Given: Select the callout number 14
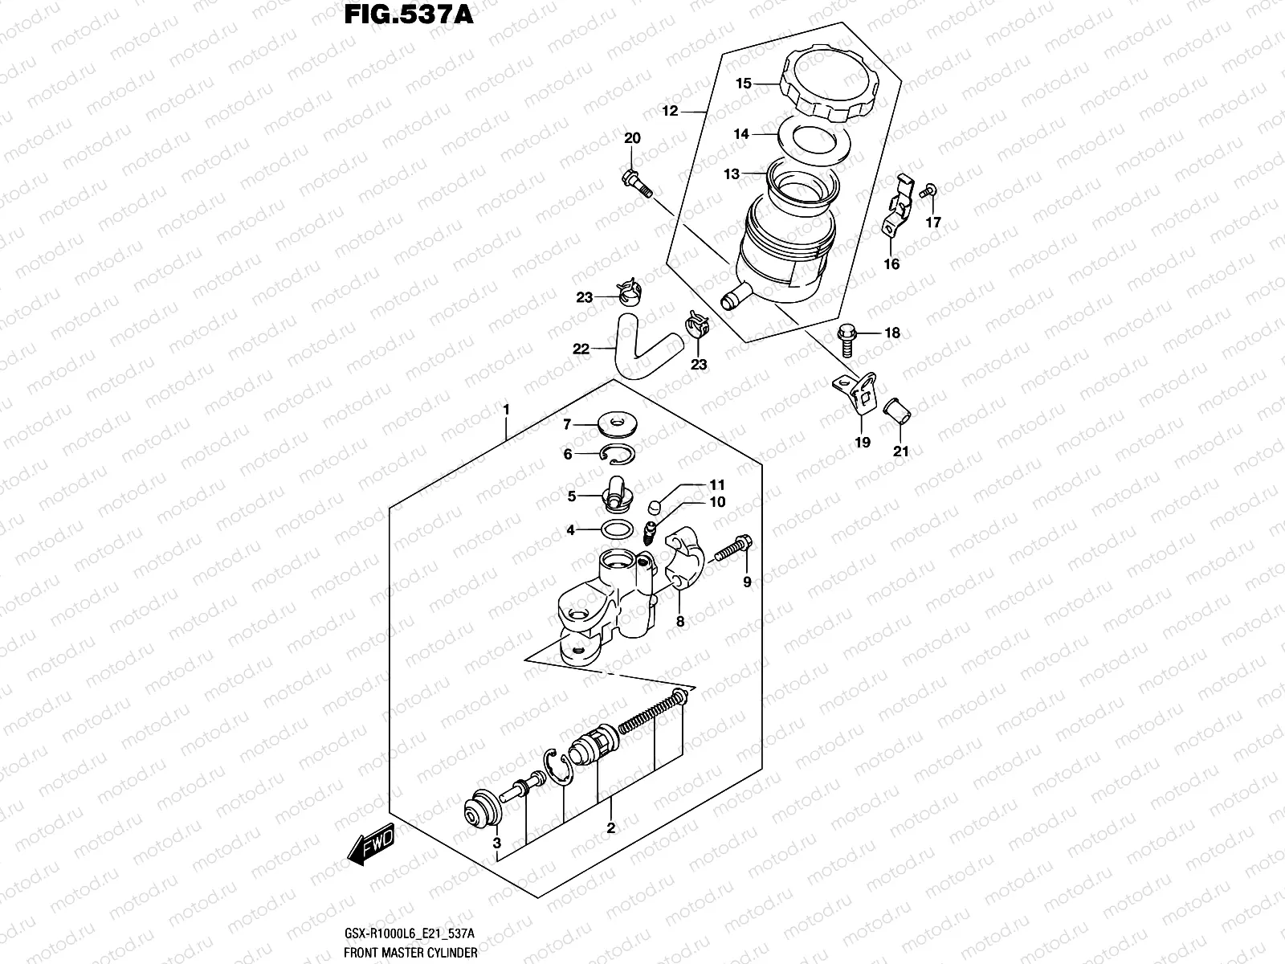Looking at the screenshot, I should click(740, 134).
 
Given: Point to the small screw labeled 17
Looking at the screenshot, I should click(929, 190).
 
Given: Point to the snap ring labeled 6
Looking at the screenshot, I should click(618, 454).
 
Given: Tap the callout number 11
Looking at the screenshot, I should click(716, 485).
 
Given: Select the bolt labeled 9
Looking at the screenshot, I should click(731, 549).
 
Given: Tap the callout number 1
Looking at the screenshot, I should click(506, 410).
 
